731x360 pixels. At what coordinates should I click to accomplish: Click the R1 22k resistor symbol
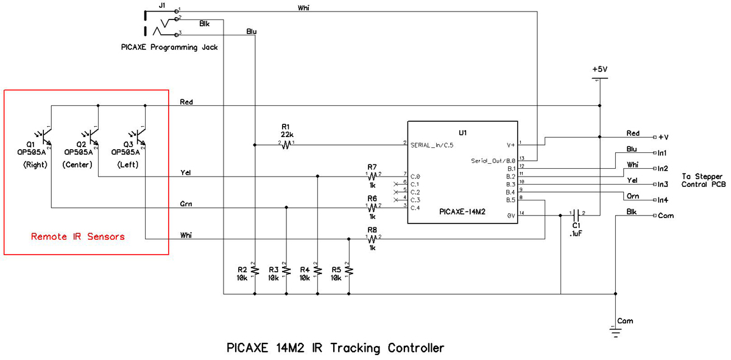pyautogui.click(x=286, y=145)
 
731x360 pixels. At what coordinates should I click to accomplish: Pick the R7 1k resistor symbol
pyautogui.click(x=373, y=176)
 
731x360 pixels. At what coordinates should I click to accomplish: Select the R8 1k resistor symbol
pyautogui.click(x=373, y=239)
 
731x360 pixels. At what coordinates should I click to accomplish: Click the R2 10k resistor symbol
pyautogui.click(x=255, y=270)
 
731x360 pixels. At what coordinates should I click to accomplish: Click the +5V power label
pyautogui.click(x=599, y=69)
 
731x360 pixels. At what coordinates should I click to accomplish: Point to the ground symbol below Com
pyautogui.click(x=615, y=332)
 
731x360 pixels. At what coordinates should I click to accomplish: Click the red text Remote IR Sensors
pyautogui.click(x=77, y=236)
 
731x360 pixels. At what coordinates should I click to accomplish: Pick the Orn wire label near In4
pyautogui.click(x=632, y=196)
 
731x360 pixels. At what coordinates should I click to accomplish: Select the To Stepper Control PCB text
pyautogui.click(x=703, y=180)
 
